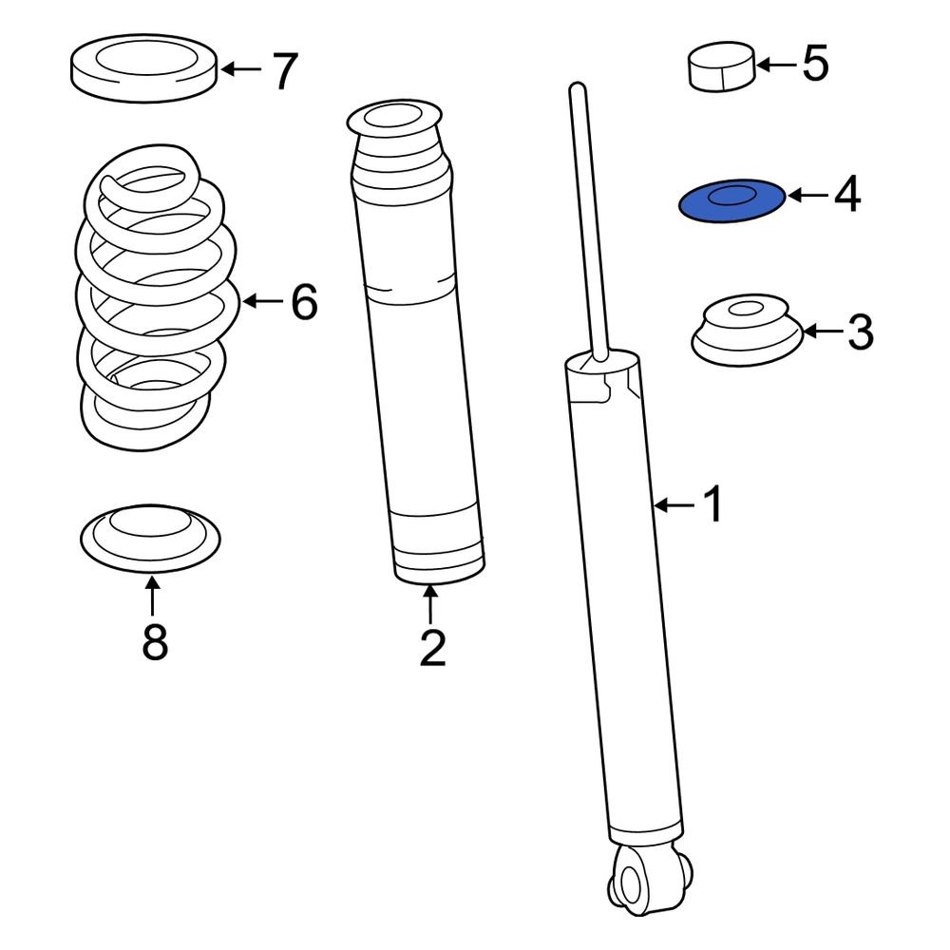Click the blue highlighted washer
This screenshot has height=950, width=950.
[731, 200]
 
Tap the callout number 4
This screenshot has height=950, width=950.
[847, 195]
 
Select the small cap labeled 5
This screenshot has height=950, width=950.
[721, 67]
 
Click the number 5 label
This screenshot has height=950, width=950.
[815, 65]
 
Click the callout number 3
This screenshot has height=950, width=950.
[859, 332]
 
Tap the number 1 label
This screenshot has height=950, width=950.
[712, 505]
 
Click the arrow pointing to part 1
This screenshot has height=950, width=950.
[675, 505]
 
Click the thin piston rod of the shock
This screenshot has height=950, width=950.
[588, 218]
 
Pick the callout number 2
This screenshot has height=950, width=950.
[431, 648]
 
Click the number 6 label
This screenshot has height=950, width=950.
[303, 303]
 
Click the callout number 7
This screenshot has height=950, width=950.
[284, 71]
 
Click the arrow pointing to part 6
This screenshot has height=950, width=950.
[264, 303]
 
